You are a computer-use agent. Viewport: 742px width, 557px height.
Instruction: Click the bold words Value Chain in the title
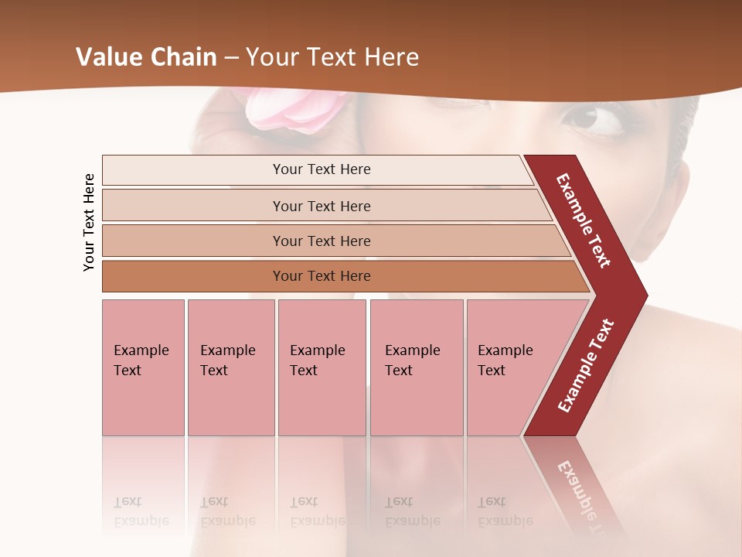146,57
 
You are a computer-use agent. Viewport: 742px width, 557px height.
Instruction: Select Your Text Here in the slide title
332,57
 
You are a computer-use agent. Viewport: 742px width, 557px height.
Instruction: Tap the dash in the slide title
231,58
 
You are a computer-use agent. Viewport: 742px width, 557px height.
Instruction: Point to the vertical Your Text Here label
89,222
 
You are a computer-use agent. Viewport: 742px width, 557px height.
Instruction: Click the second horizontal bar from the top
321,206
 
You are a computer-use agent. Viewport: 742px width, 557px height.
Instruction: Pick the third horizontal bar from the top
321,241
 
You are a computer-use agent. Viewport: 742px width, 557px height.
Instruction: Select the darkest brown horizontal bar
321,276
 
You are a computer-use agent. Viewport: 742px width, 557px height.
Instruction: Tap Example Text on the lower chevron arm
586,365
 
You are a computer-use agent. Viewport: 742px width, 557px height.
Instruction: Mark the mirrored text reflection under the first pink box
141,511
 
